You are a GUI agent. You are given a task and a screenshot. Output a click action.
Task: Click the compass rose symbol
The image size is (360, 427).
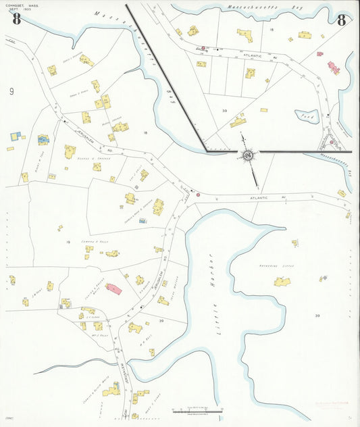[248, 156]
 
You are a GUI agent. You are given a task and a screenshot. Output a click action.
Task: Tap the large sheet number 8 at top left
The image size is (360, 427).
[16, 18]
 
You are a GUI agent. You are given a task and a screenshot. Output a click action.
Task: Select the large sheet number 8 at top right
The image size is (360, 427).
[342, 19]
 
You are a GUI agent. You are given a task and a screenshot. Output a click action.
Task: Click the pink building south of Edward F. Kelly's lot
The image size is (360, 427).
[113, 288]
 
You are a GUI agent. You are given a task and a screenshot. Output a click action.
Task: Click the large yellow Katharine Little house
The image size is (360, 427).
[282, 281]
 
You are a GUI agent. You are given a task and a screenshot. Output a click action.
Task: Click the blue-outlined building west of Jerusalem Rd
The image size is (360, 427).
[43, 139]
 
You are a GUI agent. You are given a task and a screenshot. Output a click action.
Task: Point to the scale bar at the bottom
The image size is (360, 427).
[197, 409]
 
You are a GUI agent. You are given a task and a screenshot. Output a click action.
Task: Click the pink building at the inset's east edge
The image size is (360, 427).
[333, 68]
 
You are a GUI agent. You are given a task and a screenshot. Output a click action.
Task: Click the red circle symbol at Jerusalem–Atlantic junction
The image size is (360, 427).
[198, 195]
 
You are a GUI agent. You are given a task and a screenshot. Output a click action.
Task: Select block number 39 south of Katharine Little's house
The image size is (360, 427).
[317, 316]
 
